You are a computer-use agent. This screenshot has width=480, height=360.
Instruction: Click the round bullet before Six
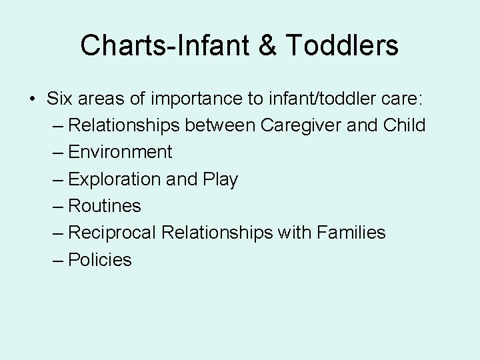(x=33, y=99)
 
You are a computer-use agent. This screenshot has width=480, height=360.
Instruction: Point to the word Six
(x=61, y=99)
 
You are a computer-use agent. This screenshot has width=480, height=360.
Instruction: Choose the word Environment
(x=120, y=153)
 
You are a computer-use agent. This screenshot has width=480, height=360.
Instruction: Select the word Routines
(x=105, y=206)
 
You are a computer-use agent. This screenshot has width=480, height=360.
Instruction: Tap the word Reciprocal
(x=113, y=233)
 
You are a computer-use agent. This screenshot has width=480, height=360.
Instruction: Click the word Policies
(x=100, y=259)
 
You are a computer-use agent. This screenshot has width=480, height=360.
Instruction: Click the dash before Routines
(x=58, y=206)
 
